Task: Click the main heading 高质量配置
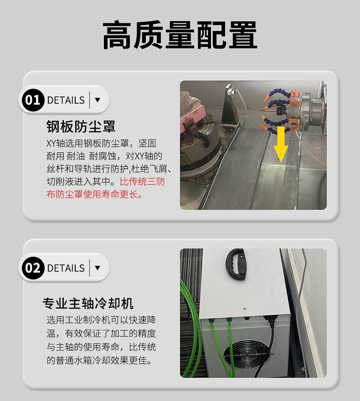coord(180,35)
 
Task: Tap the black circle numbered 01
coord(33,100)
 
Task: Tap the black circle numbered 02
coord(33,268)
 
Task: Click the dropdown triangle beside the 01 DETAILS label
coord(98,100)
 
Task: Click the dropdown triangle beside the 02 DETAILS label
coord(98,268)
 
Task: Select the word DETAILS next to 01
coord(66,100)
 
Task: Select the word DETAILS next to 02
coord(66,268)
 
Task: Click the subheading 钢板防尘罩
coord(81,127)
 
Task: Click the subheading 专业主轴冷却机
coord(88,304)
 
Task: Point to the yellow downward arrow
coord(281,144)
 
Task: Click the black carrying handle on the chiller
coord(236,264)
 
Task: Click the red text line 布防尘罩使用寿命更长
coord(94,194)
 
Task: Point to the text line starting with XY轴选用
coord(102,143)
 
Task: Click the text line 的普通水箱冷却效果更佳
coord(99,360)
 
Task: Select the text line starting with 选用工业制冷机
coord(102,320)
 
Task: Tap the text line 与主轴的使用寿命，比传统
coord(102,347)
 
